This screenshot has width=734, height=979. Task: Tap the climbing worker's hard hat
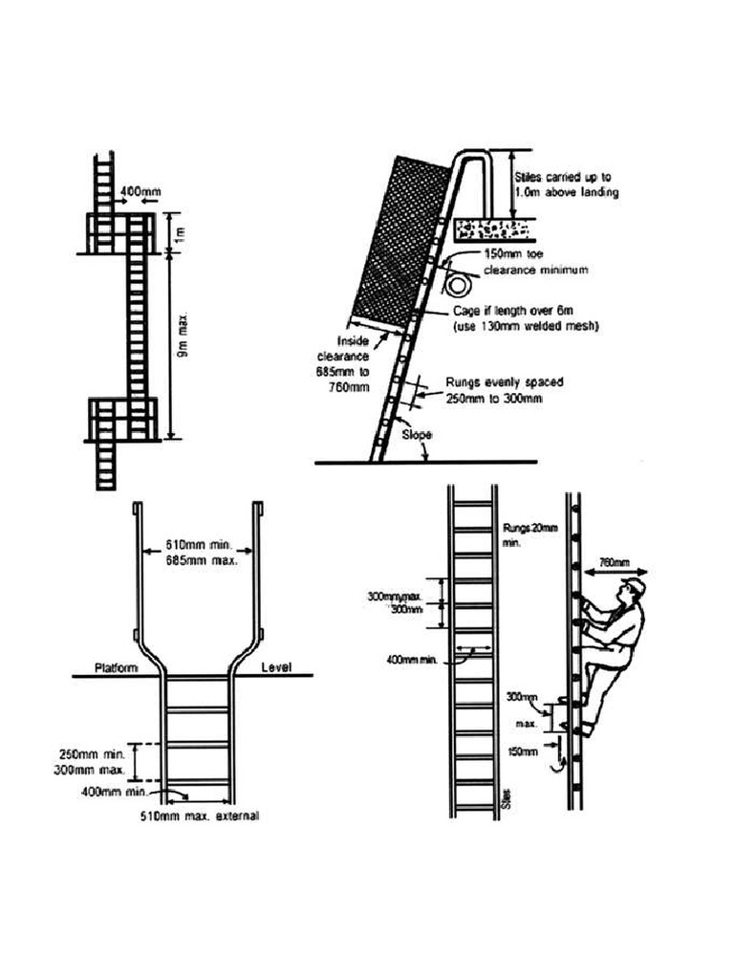[x=632, y=584]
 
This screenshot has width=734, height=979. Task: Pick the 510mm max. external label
[x=199, y=816]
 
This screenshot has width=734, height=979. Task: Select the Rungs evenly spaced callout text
[x=504, y=390]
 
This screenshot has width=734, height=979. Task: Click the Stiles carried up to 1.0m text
[x=566, y=185]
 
